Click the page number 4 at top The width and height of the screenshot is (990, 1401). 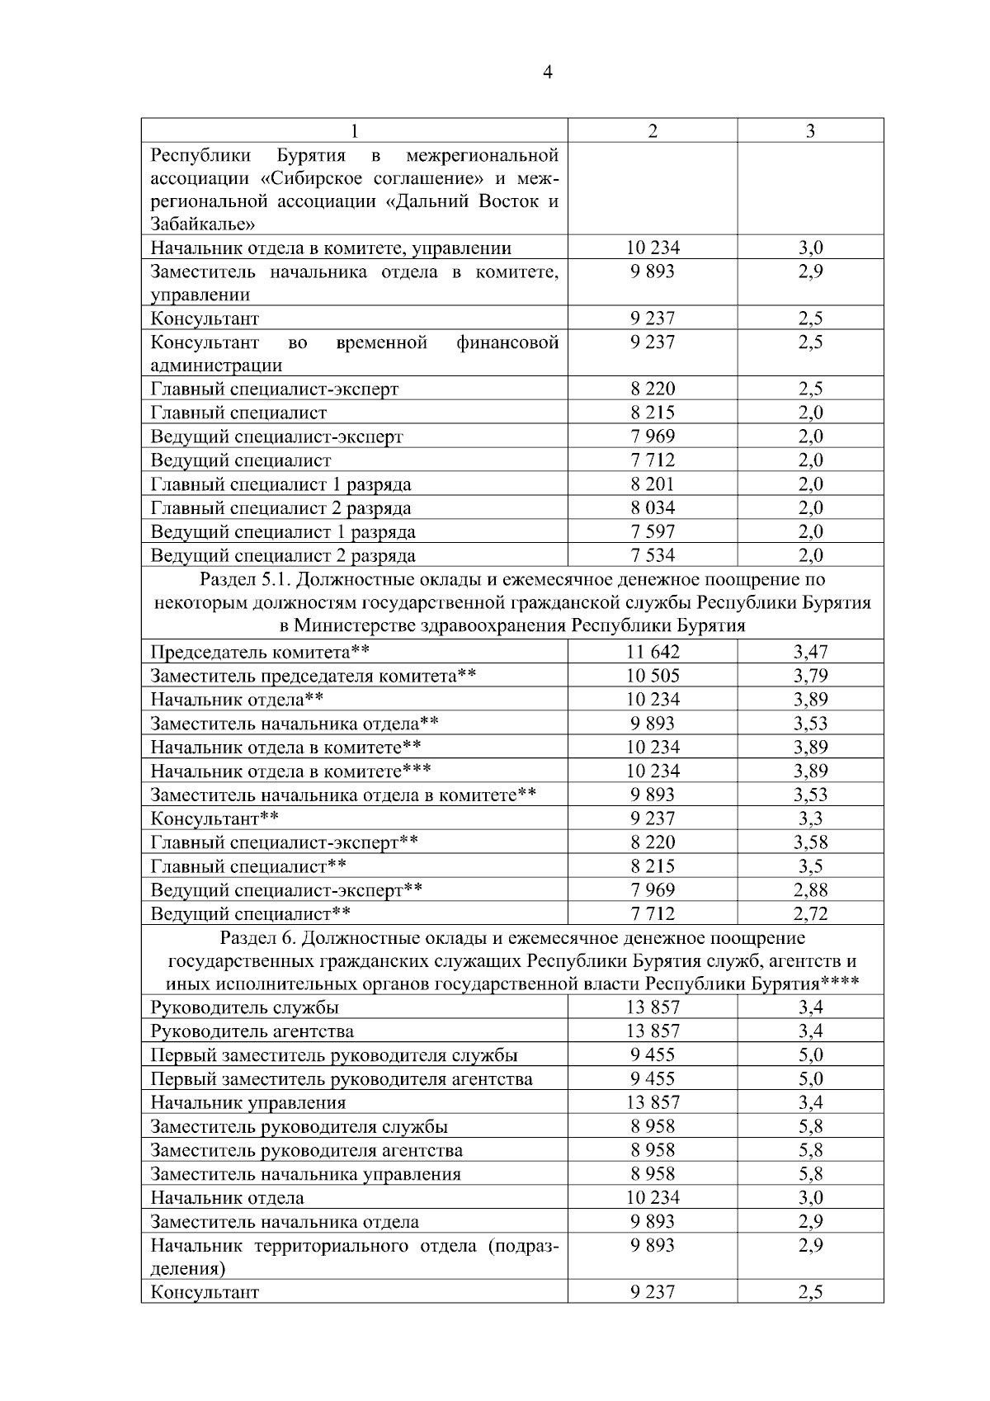click(x=548, y=73)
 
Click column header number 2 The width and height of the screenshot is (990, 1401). click(x=653, y=131)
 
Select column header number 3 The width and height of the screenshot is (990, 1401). click(x=810, y=131)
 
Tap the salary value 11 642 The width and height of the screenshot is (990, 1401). click(x=653, y=653)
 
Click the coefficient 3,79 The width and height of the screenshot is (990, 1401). click(x=810, y=677)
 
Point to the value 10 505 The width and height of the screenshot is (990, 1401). click(x=653, y=677)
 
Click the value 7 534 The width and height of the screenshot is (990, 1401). click(x=653, y=555)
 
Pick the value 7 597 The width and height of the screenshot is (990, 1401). click(x=653, y=531)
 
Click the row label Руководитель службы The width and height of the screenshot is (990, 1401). click(x=244, y=1007)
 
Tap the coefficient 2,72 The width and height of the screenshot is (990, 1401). click(x=810, y=913)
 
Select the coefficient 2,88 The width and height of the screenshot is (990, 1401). click(x=810, y=889)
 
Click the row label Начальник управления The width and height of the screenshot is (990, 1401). click(x=247, y=1103)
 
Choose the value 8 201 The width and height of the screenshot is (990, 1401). click(x=653, y=484)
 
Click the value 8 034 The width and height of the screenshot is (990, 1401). click(x=653, y=508)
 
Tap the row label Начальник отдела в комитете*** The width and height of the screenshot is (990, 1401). click(x=290, y=771)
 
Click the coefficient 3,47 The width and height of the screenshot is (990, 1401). click(x=810, y=653)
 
